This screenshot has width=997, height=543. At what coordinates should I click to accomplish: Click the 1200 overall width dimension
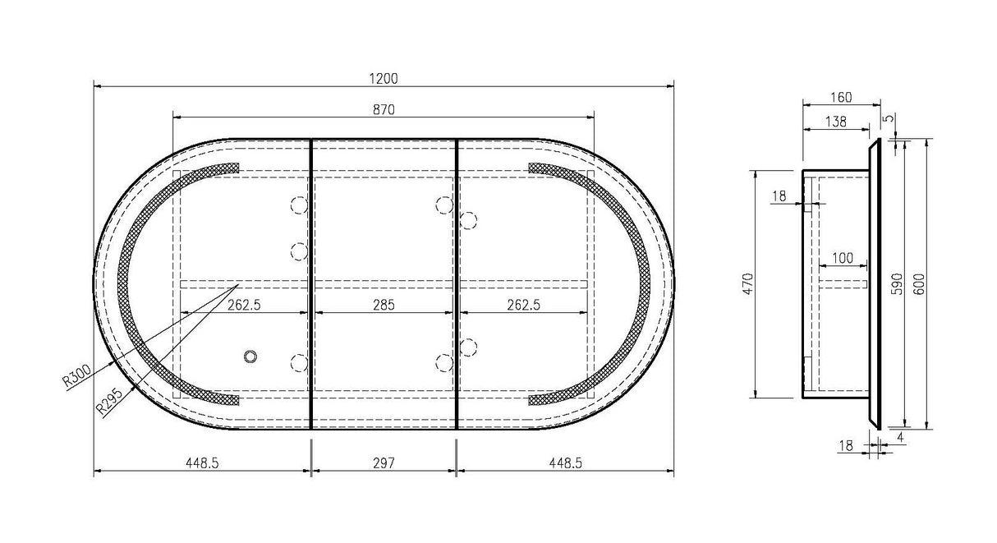tap(384, 79)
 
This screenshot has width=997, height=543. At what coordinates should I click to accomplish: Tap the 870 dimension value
tap(384, 109)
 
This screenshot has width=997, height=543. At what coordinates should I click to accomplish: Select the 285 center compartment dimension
tap(384, 305)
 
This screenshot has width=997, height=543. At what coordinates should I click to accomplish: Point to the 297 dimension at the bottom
tap(384, 463)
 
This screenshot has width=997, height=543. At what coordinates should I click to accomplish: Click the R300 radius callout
tap(76, 375)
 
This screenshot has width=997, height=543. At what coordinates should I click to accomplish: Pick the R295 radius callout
tap(109, 402)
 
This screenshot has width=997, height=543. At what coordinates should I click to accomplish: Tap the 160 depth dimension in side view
tap(841, 97)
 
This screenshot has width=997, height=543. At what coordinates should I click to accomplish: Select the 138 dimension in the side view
tap(835, 122)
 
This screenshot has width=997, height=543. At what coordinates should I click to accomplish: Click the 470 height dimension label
tap(747, 283)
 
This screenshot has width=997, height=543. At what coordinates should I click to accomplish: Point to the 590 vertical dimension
tap(898, 284)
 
